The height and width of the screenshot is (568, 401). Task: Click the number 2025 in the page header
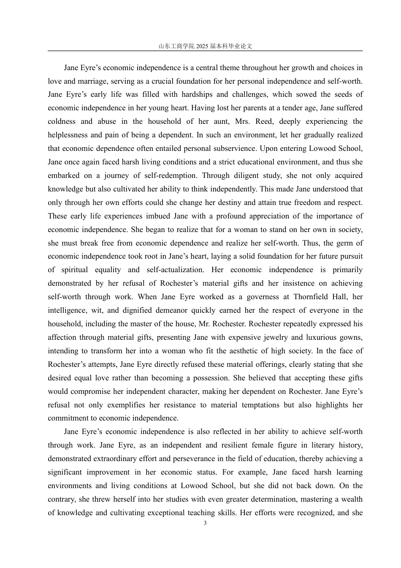(202, 46)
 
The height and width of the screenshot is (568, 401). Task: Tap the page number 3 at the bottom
(205, 523)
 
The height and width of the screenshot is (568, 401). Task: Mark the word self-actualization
(175, 270)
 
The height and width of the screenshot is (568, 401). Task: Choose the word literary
(312, 445)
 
